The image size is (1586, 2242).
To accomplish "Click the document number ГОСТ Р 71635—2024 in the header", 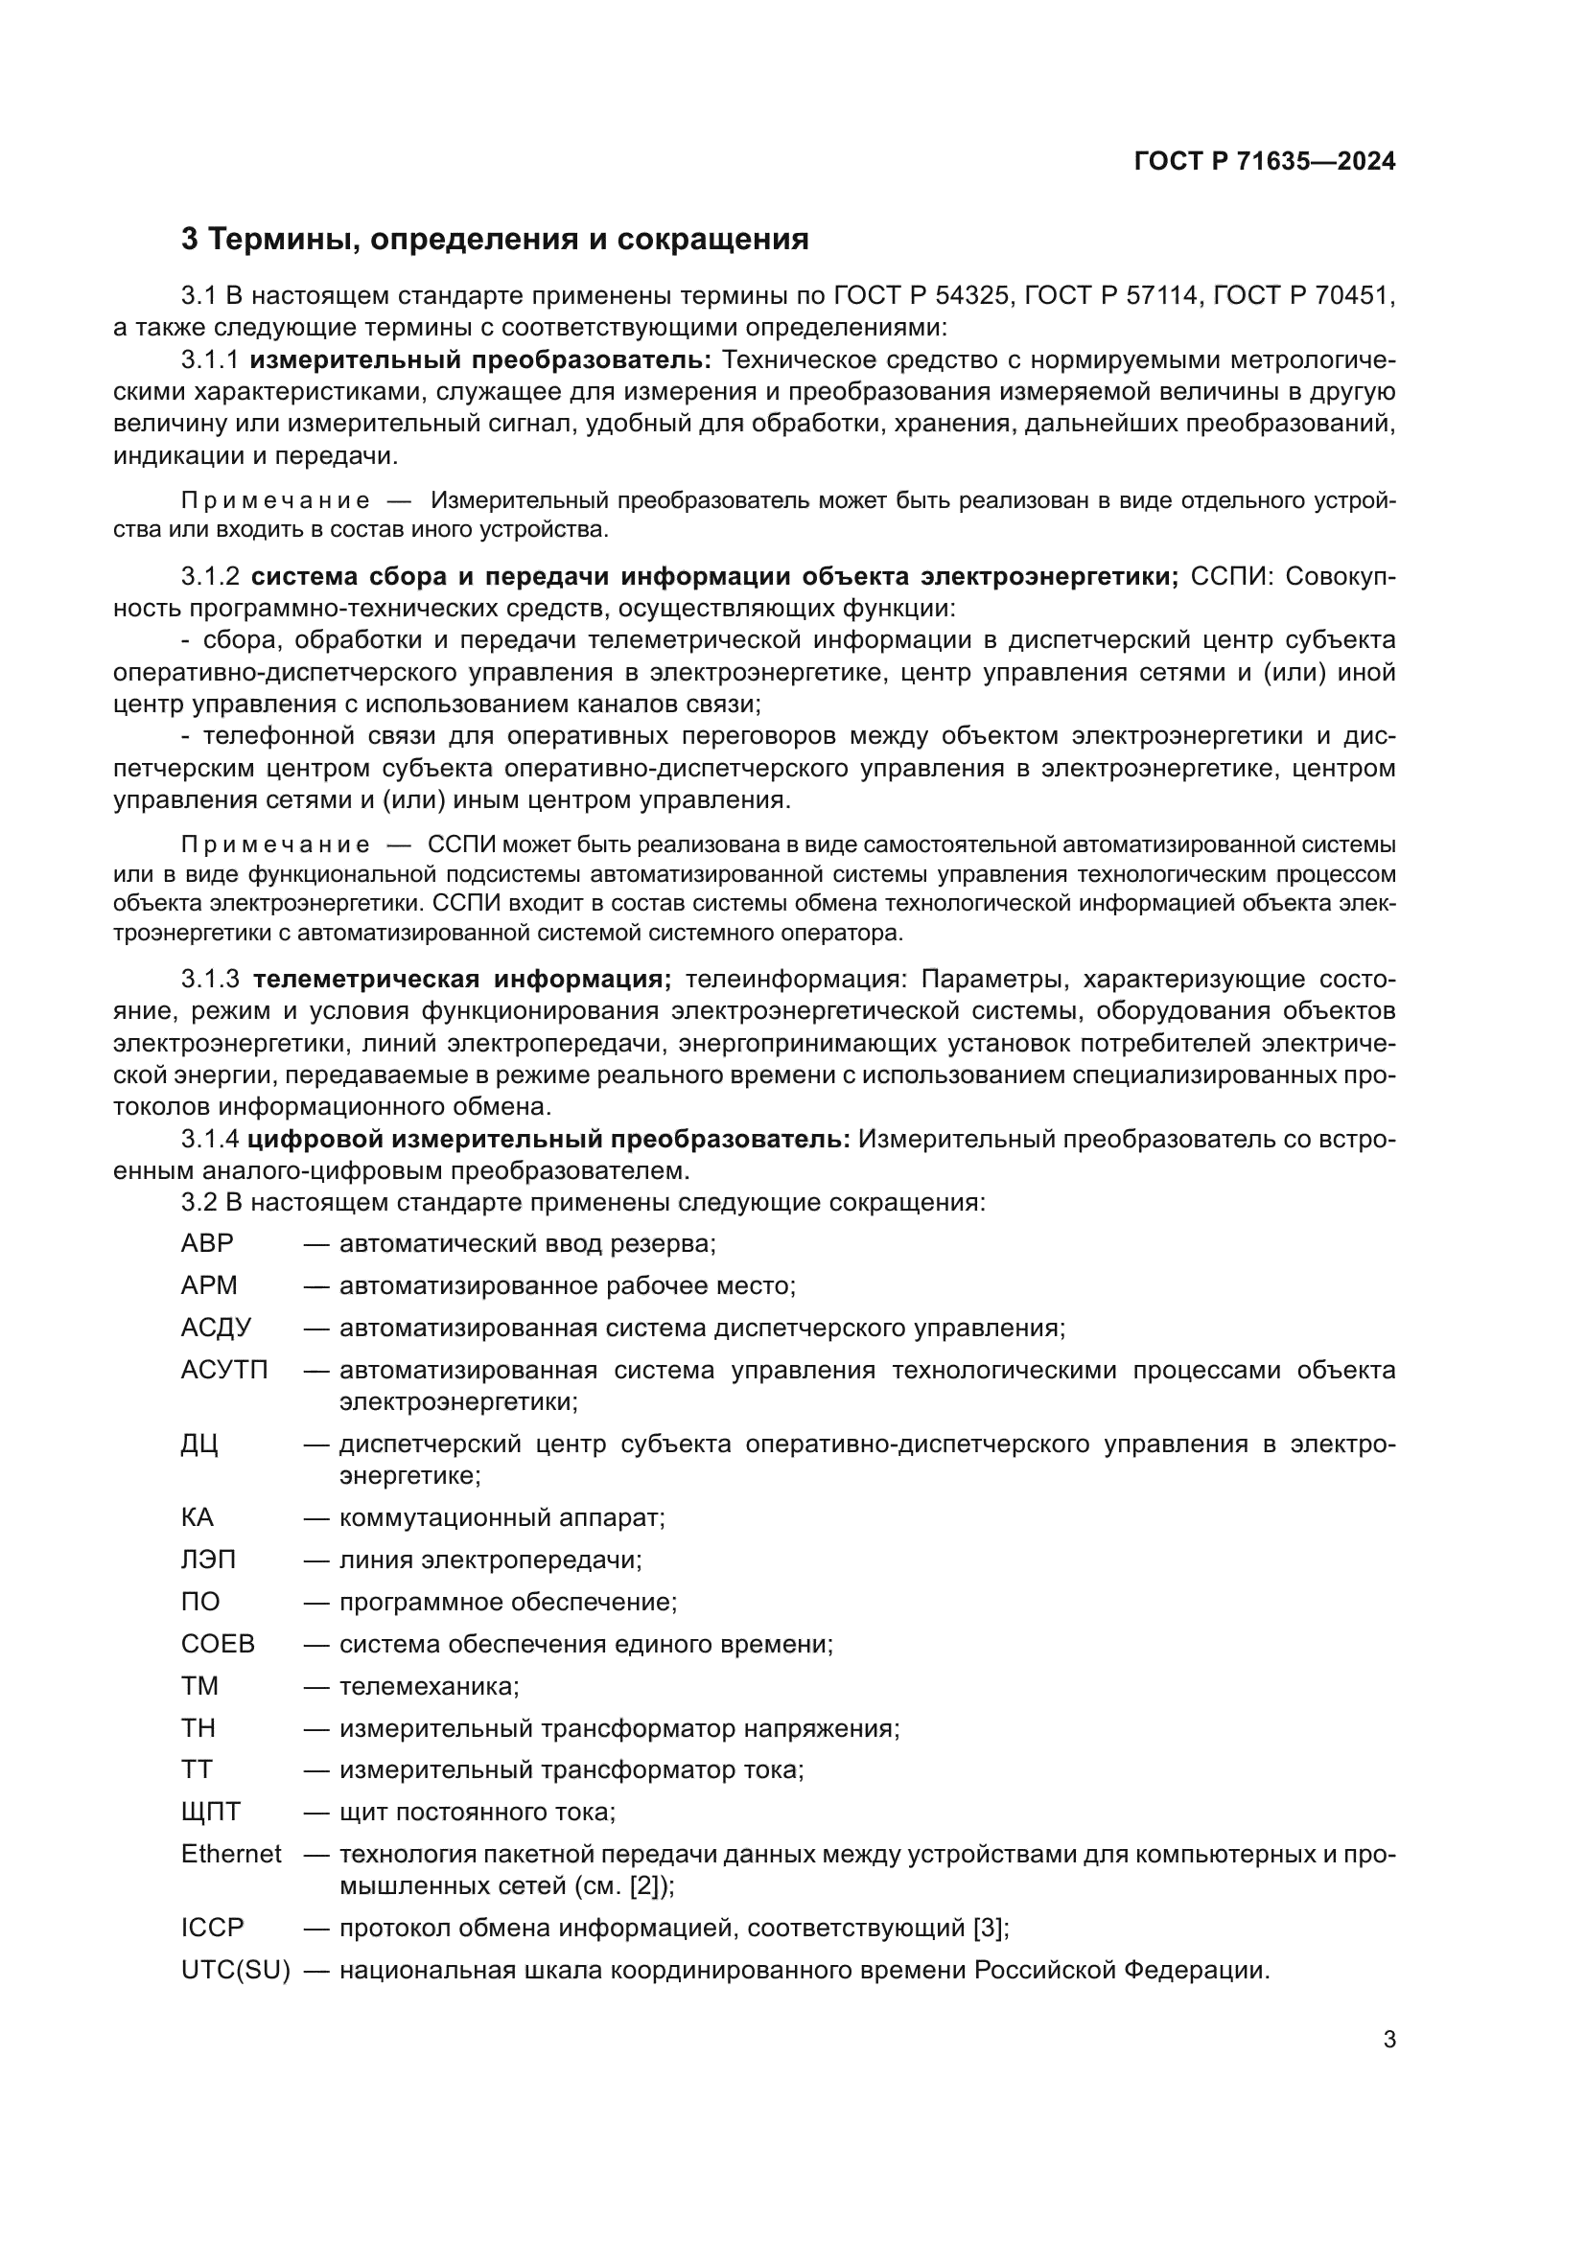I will (x=1265, y=162).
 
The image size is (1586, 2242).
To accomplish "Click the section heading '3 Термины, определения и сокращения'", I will (x=495, y=240).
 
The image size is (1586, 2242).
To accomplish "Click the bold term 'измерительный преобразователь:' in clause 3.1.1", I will (x=480, y=360).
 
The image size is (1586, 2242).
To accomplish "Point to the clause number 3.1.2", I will (x=210, y=576).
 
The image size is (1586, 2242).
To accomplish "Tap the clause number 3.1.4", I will (x=210, y=1140).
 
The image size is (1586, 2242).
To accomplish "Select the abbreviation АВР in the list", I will (x=207, y=1244).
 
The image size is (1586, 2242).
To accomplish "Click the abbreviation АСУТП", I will (x=223, y=1370).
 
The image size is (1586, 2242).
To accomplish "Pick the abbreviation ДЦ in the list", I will (x=199, y=1445).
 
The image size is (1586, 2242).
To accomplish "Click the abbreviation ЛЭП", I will (x=208, y=1560).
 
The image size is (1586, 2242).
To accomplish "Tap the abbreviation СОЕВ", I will (x=217, y=1644).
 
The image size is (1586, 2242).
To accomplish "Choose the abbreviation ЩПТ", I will (x=210, y=1813).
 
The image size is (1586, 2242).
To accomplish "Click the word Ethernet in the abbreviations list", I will (x=230, y=1855).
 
